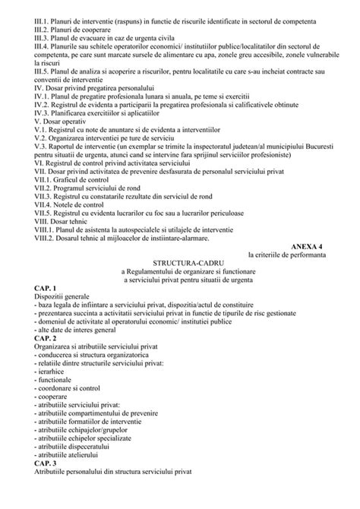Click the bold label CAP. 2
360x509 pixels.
[x=47, y=339]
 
